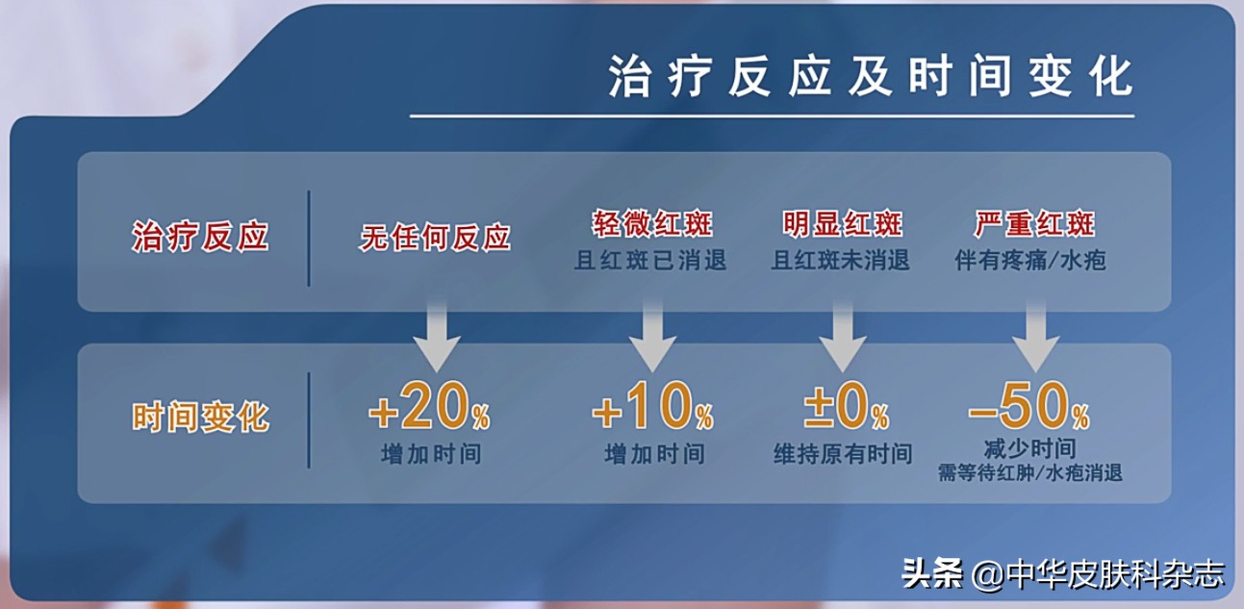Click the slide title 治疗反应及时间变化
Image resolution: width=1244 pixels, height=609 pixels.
point(871,76)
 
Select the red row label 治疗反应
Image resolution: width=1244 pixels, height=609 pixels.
point(200,238)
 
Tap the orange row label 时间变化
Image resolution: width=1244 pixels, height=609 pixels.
point(200,418)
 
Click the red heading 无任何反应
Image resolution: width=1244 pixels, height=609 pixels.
point(435,237)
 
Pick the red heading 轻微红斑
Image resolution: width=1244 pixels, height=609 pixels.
point(652,225)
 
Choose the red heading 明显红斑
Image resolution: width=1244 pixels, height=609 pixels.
point(843,225)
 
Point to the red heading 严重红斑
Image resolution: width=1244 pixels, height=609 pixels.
point(1034,225)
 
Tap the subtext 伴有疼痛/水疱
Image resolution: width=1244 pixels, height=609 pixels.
point(1030,261)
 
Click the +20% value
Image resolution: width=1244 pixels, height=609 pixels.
point(429,412)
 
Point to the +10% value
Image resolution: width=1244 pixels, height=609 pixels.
point(652,412)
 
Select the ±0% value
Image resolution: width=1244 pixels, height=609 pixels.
point(846,412)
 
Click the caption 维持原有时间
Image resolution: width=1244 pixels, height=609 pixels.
point(843,454)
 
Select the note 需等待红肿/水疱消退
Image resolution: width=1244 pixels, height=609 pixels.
point(1030,473)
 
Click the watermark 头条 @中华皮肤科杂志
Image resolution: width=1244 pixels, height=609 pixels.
point(1063,574)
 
